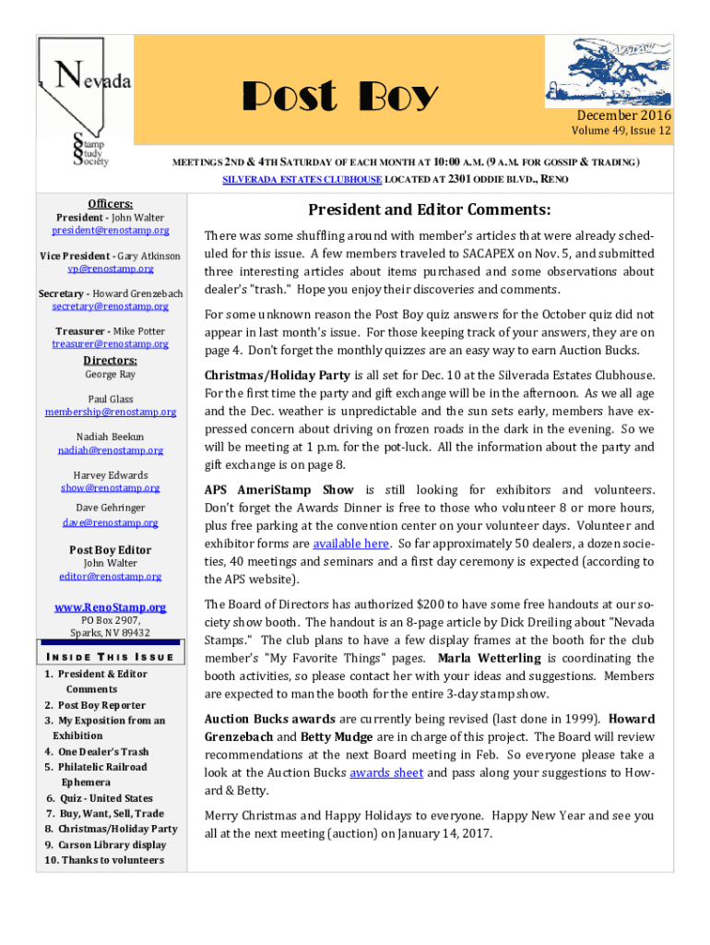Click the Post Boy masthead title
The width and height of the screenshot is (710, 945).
click(x=339, y=97)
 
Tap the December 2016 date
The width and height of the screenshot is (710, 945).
click(x=624, y=115)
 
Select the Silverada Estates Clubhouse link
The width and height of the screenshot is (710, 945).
click(x=283, y=179)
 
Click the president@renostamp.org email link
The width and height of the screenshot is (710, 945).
click(x=111, y=230)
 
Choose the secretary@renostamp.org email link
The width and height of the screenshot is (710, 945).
click(x=111, y=306)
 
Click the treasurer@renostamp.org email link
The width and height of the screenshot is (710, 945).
click(x=111, y=343)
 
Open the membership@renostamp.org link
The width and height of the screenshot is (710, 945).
click(x=111, y=412)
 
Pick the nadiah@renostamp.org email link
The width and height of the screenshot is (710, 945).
click(x=111, y=450)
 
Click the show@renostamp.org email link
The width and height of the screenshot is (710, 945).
click(x=111, y=488)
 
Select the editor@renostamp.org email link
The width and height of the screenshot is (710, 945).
click(x=111, y=576)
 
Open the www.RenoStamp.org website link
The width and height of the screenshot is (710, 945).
click(x=111, y=607)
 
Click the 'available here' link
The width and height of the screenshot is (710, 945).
click(x=350, y=544)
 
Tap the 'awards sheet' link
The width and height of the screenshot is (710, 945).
click(x=386, y=772)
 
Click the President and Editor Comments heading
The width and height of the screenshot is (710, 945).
click(x=430, y=209)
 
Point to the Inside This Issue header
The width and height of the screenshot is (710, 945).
click(x=110, y=656)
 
